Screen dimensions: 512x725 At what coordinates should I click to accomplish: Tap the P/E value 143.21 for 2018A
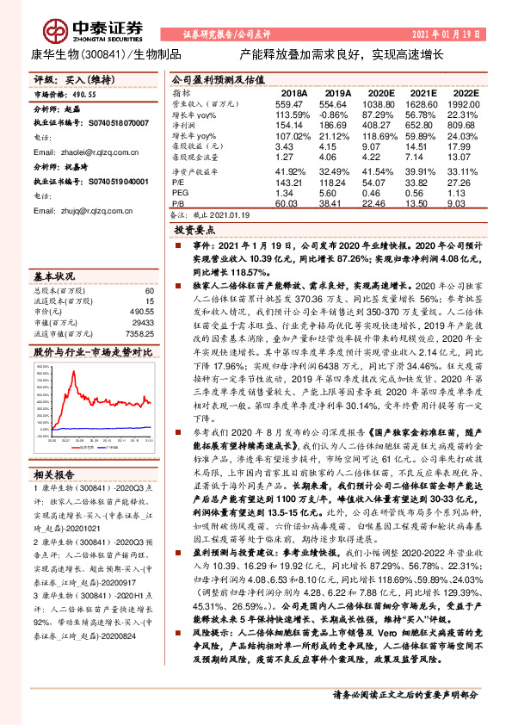[293, 183]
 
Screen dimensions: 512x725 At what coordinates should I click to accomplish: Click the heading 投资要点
[195, 232]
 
